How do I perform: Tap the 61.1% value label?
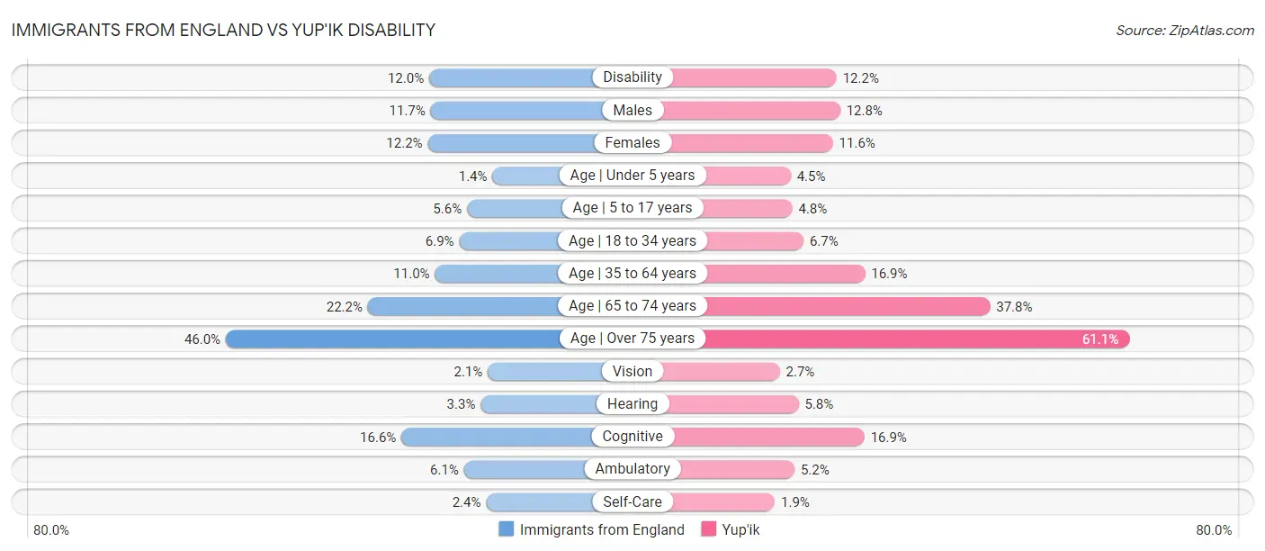click(x=1100, y=339)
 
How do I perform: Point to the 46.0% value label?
click(x=202, y=339)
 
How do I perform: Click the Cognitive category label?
click(x=632, y=437)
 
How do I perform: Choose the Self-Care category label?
click(x=632, y=501)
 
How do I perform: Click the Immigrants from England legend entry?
click(x=592, y=530)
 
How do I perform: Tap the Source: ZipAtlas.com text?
click(x=1184, y=31)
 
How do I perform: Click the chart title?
click(x=223, y=30)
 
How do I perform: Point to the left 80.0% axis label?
click(x=51, y=530)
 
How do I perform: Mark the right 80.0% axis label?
click(x=1214, y=530)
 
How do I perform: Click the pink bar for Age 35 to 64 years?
click(x=783, y=274)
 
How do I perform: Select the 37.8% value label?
click(x=1014, y=307)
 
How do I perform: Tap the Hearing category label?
click(x=632, y=404)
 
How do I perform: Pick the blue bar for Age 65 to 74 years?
click(x=463, y=306)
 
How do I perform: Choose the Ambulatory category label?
click(x=632, y=469)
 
